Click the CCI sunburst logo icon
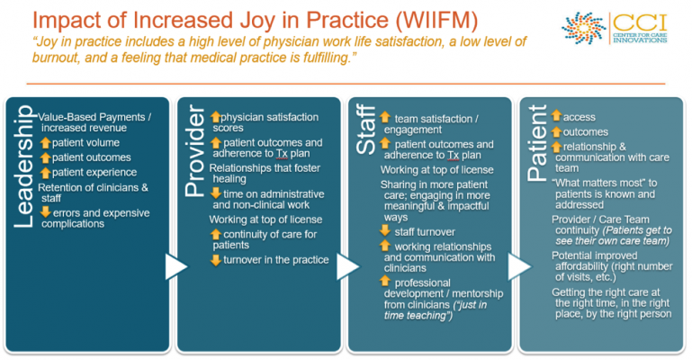click(x=583, y=28)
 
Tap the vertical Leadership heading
click(x=23, y=166)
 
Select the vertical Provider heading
click(x=194, y=150)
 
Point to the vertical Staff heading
click(x=366, y=130)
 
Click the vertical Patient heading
click(x=537, y=143)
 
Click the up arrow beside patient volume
click(x=46, y=142)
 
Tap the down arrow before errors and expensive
click(x=46, y=212)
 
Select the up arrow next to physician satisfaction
click(x=215, y=117)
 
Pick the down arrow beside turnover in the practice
click(x=215, y=260)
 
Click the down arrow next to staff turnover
click(x=385, y=230)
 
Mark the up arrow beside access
click(x=556, y=116)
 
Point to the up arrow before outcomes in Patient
click(x=556, y=131)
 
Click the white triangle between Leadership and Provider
click(x=176, y=266)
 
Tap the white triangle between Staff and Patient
click(x=519, y=266)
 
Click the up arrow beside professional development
click(x=385, y=281)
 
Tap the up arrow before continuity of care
click(x=215, y=234)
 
